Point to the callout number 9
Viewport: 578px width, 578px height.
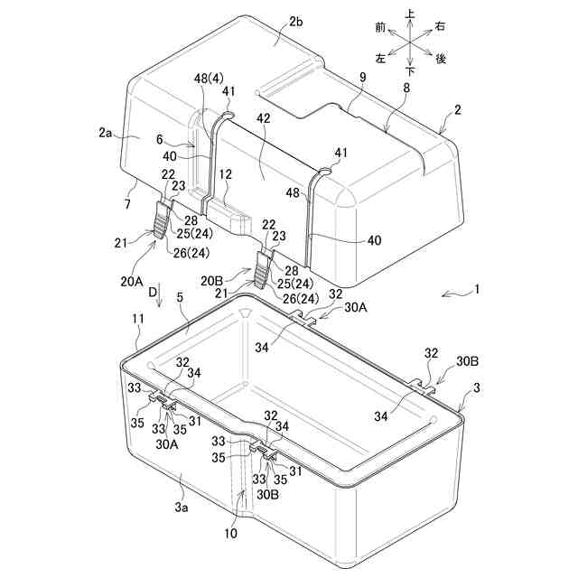click(361, 78)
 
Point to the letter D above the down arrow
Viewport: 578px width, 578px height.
click(153, 294)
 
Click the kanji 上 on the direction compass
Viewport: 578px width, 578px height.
click(411, 14)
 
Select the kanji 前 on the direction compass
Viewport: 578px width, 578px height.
click(380, 28)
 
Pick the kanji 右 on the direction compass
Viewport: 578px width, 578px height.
click(441, 28)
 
